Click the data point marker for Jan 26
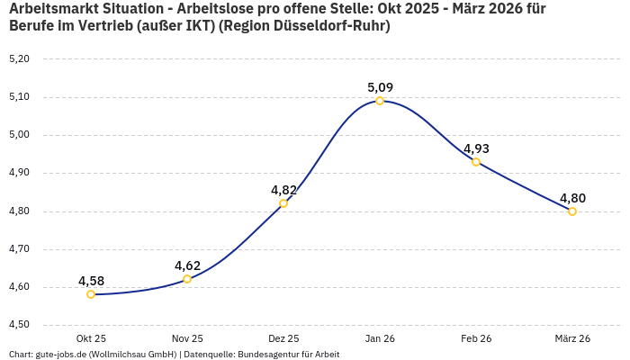pyautogui.click(x=380, y=101)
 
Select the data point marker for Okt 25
pyautogui.click(x=91, y=294)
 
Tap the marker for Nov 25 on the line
pyautogui.click(x=187, y=279)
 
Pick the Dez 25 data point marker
pyautogui.click(x=283, y=203)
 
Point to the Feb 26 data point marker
pyautogui.click(x=476, y=162)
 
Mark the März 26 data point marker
pyautogui.click(x=572, y=211)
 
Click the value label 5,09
pyautogui.click(x=380, y=87)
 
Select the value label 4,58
pyautogui.click(x=91, y=281)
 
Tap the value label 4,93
pyautogui.click(x=476, y=148)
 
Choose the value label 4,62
pyautogui.click(x=187, y=265)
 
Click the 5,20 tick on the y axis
pyautogui.click(x=19, y=58)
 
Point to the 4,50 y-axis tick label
pyautogui.click(x=19, y=325)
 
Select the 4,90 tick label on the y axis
pyautogui.click(x=19, y=173)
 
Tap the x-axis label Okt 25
pyautogui.click(x=91, y=338)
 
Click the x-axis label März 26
pyautogui.click(x=572, y=338)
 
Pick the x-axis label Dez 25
pyautogui.click(x=283, y=338)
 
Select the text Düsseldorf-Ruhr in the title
pyautogui.click(x=334, y=26)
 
